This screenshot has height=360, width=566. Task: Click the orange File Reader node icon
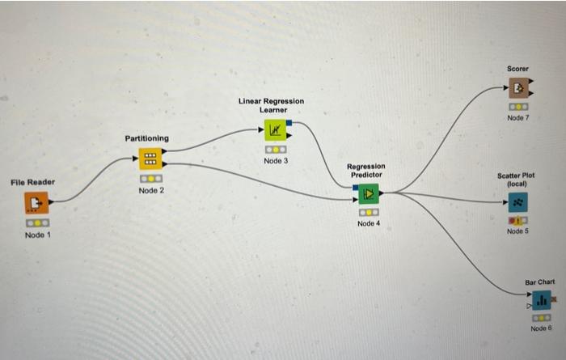tap(36, 202)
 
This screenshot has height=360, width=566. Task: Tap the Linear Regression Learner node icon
tap(275, 129)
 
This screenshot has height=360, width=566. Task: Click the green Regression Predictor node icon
tap(368, 193)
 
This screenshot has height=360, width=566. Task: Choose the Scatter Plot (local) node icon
tap(517, 201)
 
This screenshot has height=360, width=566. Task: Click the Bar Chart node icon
tap(541, 300)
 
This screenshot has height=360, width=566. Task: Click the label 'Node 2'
tap(151, 191)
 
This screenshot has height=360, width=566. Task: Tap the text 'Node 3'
tap(276, 161)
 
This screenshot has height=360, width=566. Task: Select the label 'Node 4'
tap(368, 223)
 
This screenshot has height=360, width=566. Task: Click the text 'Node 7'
tap(518, 118)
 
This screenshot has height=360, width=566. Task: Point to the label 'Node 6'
tap(541, 328)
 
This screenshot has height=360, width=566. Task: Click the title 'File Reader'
tap(33, 182)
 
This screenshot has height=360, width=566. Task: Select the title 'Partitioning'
tap(147, 138)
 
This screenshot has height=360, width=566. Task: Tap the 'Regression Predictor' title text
tap(366, 171)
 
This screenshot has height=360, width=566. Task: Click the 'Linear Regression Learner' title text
tap(272, 105)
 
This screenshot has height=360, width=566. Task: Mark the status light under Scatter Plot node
tap(517, 220)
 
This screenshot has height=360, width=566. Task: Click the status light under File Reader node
tap(36, 222)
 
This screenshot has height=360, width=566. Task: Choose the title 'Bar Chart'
tap(540, 282)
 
